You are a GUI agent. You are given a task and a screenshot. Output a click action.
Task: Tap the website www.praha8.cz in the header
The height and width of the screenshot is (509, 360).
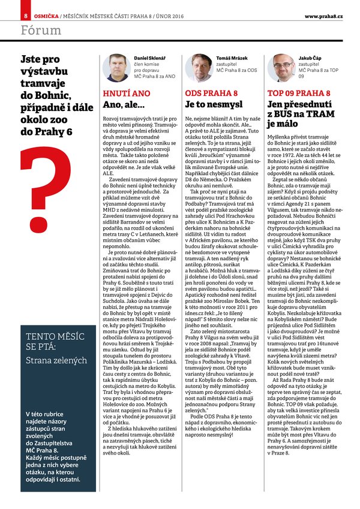pyautogui.click(x=323, y=15)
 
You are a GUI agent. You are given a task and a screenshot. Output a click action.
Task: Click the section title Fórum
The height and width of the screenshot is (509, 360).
pyautogui.click(x=39, y=29)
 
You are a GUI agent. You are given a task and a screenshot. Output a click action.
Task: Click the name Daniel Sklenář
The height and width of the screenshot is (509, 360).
pyautogui.click(x=148, y=58)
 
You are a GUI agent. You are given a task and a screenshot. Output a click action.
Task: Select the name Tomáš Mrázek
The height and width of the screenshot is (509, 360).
pyautogui.click(x=232, y=58)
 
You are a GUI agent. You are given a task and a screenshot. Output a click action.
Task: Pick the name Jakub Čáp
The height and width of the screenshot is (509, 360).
pyautogui.click(x=311, y=58)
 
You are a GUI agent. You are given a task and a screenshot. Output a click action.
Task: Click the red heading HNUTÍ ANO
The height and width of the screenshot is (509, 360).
pyautogui.click(x=127, y=94)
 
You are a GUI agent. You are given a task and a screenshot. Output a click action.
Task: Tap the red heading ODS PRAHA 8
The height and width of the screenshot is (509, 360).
pyautogui.click(x=211, y=94)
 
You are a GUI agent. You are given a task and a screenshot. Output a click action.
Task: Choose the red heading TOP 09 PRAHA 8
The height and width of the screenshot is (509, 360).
pyautogui.click(x=298, y=94)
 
